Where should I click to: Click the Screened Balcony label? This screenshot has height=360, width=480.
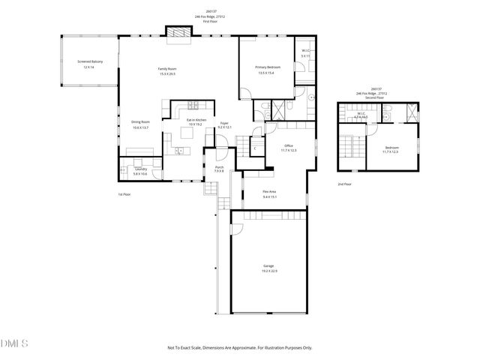click(x=88, y=61)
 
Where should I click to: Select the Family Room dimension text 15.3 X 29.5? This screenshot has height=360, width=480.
click(x=167, y=73)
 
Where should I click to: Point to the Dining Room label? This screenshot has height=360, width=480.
click(x=140, y=121)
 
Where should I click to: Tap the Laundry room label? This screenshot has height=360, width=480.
click(x=140, y=169)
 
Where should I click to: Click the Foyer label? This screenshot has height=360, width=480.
click(x=223, y=122)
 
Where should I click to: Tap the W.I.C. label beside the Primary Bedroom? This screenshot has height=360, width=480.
click(x=304, y=50)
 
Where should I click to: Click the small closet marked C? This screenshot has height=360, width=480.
click(x=255, y=148)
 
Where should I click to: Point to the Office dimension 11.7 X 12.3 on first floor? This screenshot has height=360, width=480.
click(x=289, y=151)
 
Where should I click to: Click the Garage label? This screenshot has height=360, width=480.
click(x=268, y=265)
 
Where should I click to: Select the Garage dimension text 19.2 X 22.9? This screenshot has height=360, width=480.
click(x=268, y=271)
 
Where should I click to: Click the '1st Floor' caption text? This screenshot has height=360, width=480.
click(x=124, y=194)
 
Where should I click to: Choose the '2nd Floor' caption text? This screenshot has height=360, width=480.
click(x=344, y=183)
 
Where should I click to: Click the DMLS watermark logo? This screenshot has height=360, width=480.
click(x=14, y=343)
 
